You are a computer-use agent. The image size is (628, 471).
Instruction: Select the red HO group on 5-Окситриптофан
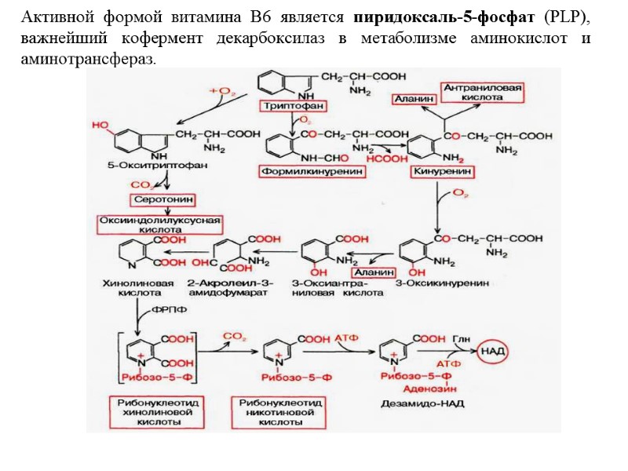(101, 125)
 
